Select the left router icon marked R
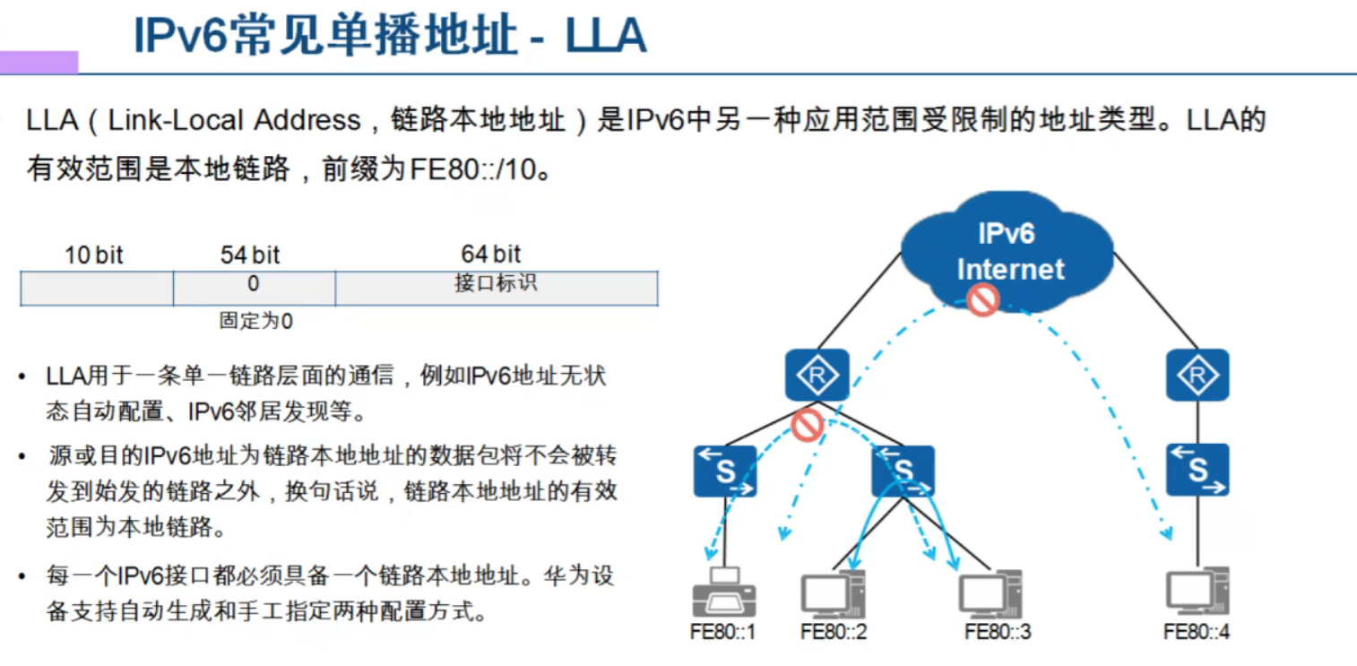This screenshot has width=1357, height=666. [x=817, y=375]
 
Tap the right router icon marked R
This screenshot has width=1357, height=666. [x=1197, y=375]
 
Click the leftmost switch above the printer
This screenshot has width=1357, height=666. [x=724, y=471]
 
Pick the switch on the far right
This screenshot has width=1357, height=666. [x=1197, y=471]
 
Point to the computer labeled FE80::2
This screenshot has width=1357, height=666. [x=833, y=592]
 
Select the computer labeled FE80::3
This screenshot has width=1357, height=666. [x=991, y=592]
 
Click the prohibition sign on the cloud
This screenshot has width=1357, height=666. [x=982, y=298]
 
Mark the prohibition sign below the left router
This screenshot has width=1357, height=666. [x=808, y=423]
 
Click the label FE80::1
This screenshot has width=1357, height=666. [x=722, y=631]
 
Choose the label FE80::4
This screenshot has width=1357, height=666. [x=1197, y=631]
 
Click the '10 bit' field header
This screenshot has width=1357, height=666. [x=93, y=255]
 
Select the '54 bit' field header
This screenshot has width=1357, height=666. [x=250, y=255]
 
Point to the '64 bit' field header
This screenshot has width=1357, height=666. [x=491, y=255]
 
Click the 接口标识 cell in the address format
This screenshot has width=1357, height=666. [x=496, y=284]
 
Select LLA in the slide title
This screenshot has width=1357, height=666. [x=606, y=38]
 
